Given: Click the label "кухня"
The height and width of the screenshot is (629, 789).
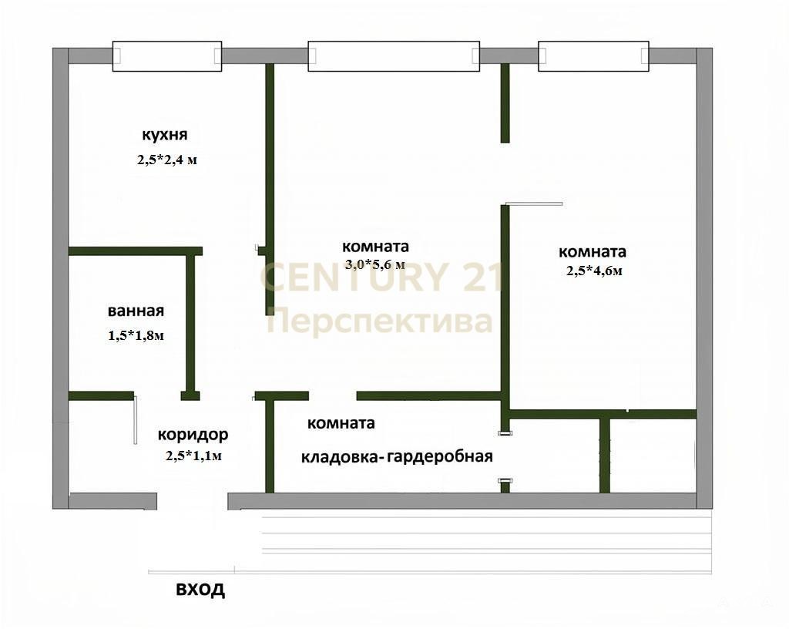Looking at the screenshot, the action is pos(165,135).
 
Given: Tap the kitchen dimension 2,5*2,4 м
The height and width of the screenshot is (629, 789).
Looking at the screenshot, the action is pos(167,160).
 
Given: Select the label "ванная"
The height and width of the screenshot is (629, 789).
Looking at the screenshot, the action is pos(136,311).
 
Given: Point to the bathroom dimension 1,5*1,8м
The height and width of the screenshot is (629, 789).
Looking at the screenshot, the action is pos(136,335).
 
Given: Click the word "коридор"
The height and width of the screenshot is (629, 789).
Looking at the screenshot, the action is pos(193,434).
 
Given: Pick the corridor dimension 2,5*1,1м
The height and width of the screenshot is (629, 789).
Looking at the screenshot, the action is pos(193,456).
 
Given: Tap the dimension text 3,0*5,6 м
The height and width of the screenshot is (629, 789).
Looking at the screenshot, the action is pos(375,264).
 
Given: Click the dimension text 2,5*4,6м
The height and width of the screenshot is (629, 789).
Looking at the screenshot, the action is pos(594,271).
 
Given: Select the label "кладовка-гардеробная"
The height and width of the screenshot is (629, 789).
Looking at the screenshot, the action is pos(397,457).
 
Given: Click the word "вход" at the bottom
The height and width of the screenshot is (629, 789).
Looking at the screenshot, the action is pos(200,589).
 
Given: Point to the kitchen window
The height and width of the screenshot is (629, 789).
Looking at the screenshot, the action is pos(167,55).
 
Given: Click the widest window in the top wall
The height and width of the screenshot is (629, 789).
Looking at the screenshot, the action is pos(394,55).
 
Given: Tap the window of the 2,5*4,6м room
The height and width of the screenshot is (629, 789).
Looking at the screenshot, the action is pos(593,55).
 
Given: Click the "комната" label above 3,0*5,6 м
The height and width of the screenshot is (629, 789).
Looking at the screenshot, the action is pos(375,247).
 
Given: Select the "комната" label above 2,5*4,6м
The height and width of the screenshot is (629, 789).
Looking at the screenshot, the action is pos(593,251).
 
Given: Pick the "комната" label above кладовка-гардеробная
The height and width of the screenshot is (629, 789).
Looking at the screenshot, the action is pos(341,423).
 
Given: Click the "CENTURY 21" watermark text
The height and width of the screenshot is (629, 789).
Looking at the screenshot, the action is pos(381,277).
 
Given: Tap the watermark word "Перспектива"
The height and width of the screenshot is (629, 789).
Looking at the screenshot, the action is pos(379,321).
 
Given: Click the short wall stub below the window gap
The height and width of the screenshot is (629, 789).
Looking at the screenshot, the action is pos(505,103).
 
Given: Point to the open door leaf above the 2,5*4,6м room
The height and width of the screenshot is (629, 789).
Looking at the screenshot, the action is pos(534,203).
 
